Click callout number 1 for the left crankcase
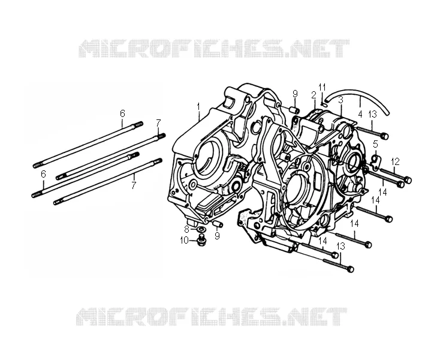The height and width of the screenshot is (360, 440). (x=198, y=107)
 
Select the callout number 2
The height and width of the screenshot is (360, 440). (x=314, y=95)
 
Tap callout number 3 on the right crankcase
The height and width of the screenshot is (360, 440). (x=340, y=100)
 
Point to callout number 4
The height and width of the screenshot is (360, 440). (x=360, y=114)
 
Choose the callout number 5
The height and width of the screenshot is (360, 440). (x=375, y=144)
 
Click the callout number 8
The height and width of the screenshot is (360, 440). (x=186, y=228)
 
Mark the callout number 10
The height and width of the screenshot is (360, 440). (x=185, y=241)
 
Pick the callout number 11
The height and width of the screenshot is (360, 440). (x=323, y=88)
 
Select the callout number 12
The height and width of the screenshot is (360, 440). (x=395, y=161)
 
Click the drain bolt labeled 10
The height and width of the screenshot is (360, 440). (x=201, y=241)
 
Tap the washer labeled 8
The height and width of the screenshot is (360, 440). (x=201, y=229)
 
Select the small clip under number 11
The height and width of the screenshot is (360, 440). (x=324, y=103)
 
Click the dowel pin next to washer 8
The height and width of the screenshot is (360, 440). (x=218, y=224)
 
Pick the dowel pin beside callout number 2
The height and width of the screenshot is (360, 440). (x=295, y=109)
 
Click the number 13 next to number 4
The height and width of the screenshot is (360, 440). (x=372, y=114)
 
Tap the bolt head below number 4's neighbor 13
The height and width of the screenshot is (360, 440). (x=385, y=136)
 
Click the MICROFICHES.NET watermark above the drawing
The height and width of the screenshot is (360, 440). (x=214, y=49)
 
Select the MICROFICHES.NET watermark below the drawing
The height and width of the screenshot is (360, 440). (x=211, y=316)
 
